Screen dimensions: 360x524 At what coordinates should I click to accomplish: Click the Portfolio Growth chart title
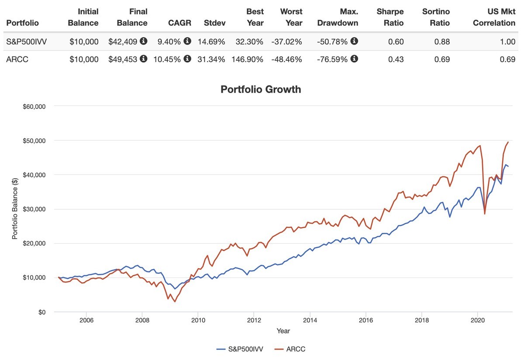pos(261,90)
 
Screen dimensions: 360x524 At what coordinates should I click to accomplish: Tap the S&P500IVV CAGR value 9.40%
pos(167,42)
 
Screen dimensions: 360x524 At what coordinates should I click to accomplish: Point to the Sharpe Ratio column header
pos(390,17)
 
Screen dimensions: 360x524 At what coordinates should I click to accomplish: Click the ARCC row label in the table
pos(17,59)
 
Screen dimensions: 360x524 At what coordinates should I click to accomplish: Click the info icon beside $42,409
pos(144,42)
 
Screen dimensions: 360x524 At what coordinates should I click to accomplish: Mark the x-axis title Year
pos(283,331)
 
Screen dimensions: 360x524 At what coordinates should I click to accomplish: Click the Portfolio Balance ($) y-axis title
pos(15,209)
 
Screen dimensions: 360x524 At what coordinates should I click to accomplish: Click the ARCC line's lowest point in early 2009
pos(175,302)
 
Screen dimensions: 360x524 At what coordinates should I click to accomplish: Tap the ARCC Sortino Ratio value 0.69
pos(442,59)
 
